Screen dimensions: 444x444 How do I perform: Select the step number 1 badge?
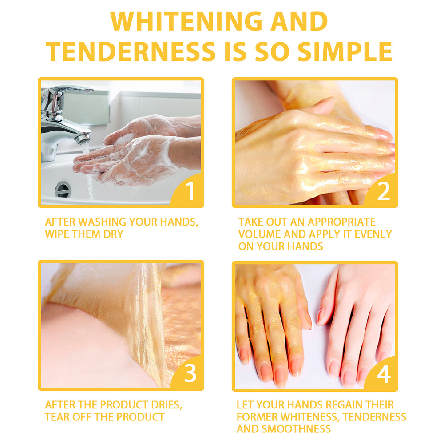point(190,192)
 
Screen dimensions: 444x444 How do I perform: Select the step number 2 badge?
point(383,192)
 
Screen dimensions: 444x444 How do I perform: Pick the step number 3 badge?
point(190,374)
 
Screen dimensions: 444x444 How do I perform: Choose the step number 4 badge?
point(383,374)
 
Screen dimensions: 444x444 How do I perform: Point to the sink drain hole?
point(63,190)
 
